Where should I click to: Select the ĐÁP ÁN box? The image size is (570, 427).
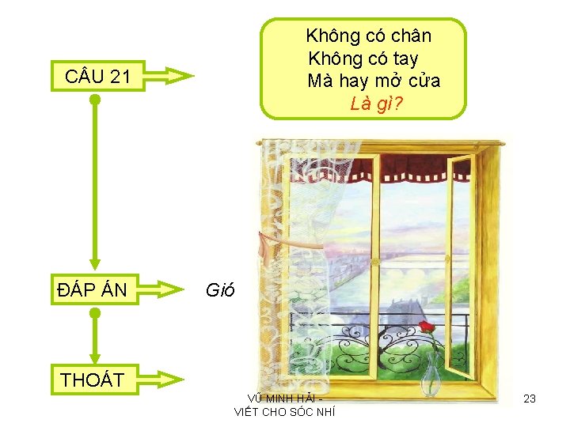coord(93,290)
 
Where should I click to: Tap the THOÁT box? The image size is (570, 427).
coord(93,380)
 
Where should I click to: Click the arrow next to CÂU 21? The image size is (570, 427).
coord(172,77)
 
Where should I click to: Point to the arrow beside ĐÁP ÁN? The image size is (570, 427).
coord(172,290)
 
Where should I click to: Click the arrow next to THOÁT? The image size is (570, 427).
coord(172,380)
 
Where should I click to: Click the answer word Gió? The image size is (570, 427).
coord(219,290)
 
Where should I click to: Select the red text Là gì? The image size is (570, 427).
coord(377,103)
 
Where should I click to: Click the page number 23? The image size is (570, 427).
coord(530,399)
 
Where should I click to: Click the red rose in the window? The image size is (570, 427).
coord(427,327)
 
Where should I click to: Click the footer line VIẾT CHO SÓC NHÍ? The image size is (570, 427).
coord(285,411)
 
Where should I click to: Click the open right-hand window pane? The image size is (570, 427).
coord(463,261)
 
